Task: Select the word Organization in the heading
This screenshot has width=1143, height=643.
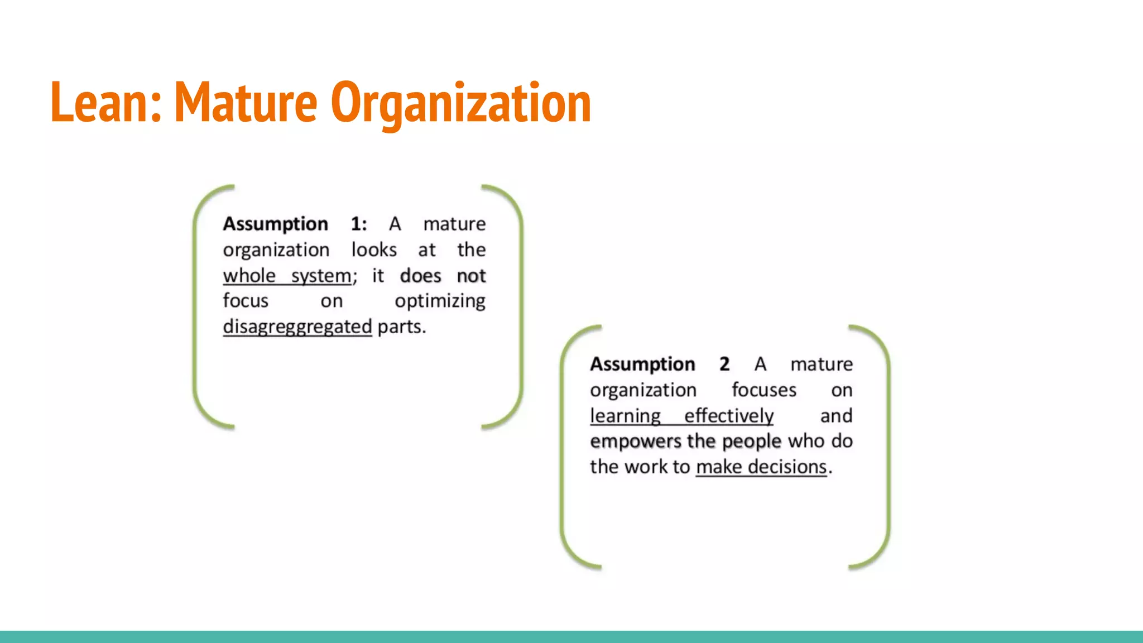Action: click(461, 103)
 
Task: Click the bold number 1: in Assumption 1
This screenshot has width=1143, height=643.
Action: click(358, 224)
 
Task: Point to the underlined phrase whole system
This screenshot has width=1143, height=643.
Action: click(287, 276)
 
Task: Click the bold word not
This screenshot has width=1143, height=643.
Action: click(471, 276)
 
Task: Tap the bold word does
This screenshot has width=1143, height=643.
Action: click(420, 276)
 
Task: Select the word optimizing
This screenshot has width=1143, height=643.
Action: click(440, 301)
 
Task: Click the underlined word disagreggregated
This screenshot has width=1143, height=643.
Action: click(297, 327)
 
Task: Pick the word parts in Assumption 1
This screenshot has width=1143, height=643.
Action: click(401, 327)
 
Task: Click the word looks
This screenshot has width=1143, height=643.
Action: click(374, 249)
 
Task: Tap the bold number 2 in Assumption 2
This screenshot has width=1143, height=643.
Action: click(724, 364)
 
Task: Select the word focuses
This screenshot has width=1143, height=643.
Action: click(763, 390)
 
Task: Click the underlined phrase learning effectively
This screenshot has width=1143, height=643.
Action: click(681, 416)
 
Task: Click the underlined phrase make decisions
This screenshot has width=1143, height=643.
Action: click(761, 467)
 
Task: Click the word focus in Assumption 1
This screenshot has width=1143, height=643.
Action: click(246, 301)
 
